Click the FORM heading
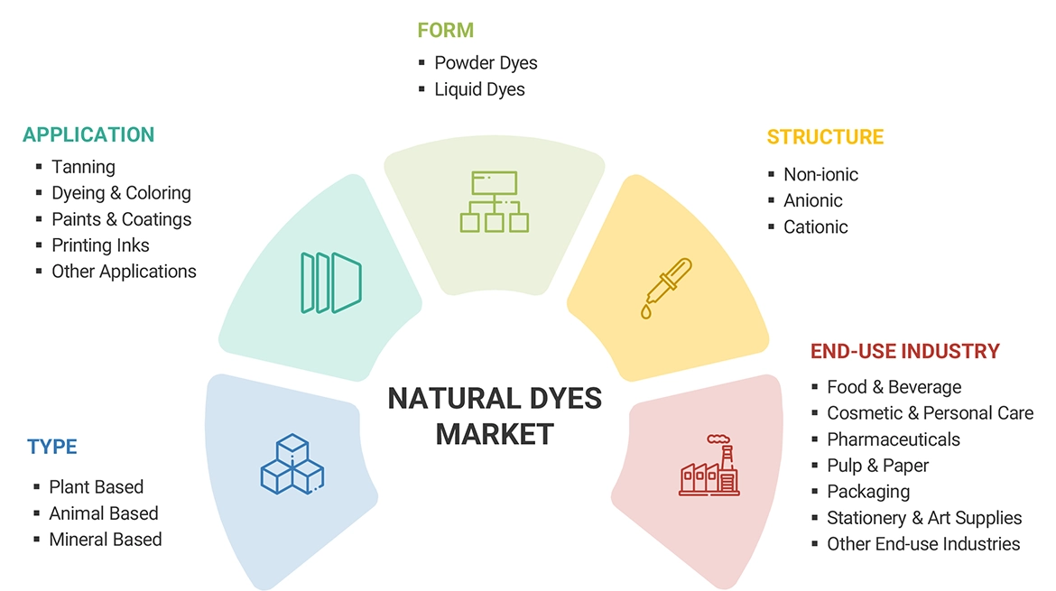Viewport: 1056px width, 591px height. [x=445, y=30]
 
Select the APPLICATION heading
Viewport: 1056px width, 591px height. [x=88, y=134]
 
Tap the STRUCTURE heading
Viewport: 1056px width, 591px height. [x=825, y=137]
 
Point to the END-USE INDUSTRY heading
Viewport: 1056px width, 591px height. [x=904, y=351]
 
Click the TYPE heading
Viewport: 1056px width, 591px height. [x=52, y=447]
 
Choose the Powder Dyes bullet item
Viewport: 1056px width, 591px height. [x=486, y=63]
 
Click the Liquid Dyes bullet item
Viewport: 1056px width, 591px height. [x=479, y=89]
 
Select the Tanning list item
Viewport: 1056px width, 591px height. [x=83, y=167]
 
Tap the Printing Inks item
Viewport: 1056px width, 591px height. [x=100, y=245]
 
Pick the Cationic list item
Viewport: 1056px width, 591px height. [x=815, y=226]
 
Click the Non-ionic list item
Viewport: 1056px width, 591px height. [x=820, y=174]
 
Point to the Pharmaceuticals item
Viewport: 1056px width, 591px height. [x=893, y=439]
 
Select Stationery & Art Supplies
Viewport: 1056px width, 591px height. [x=924, y=518]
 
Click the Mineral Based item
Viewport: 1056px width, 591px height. [x=106, y=540]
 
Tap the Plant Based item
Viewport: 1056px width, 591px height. [x=97, y=487]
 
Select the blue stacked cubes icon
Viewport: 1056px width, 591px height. [x=292, y=465]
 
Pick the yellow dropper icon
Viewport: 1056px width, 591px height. [x=668, y=288]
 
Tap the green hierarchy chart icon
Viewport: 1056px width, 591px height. [x=495, y=202]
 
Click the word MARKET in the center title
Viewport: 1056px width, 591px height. [x=495, y=434]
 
